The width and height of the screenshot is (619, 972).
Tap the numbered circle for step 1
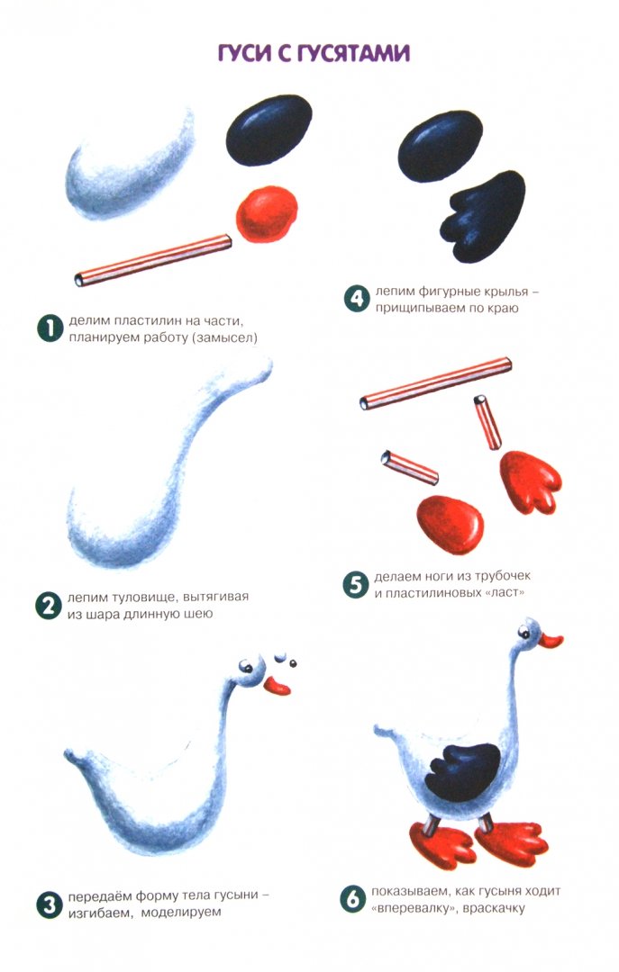click(50, 328)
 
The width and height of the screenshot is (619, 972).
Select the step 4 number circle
click(357, 299)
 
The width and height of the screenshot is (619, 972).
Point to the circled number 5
click(356, 585)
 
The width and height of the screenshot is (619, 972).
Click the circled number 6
click(353, 899)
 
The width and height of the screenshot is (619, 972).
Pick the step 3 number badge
click(49, 904)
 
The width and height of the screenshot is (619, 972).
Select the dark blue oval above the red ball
click(269, 130)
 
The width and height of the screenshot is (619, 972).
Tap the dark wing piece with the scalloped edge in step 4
click(483, 216)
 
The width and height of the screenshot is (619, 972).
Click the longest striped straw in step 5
click(436, 383)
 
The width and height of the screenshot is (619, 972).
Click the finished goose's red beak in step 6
click(551, 641)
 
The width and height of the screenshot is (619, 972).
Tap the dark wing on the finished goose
click(465, 772)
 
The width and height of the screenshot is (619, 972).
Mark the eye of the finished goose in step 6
click(524, 633)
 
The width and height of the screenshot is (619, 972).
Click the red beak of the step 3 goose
click(278, 686)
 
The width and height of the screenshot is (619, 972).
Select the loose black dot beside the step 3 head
click(293, 663)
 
